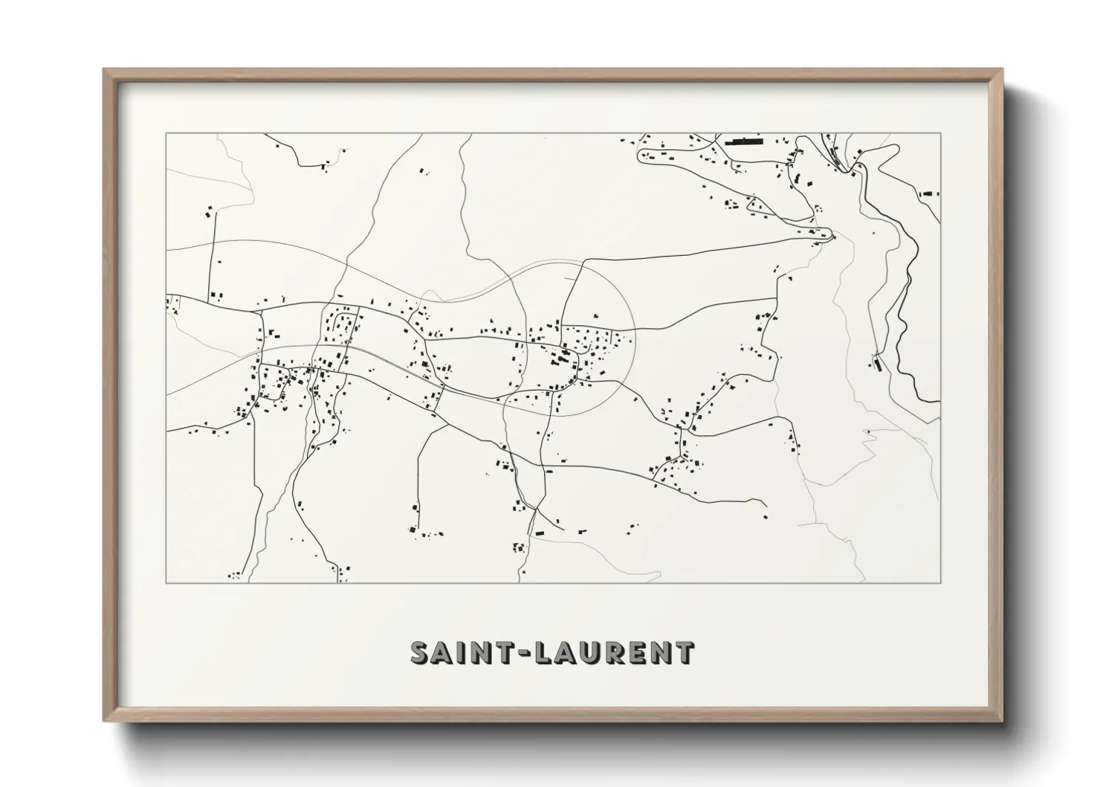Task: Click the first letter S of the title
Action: coord(421,652)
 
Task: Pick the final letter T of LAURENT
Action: coord(685,652)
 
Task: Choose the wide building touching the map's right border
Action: coord(930,193)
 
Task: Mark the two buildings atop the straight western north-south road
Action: coord(209,212)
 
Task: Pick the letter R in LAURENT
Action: coord(616,652)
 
